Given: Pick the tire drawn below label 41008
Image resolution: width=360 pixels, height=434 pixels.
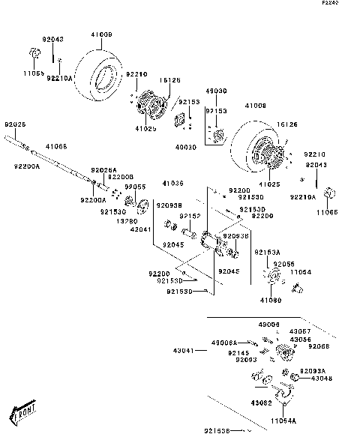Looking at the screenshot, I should point(255,150).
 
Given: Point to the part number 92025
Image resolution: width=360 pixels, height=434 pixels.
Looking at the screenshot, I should point(16,124).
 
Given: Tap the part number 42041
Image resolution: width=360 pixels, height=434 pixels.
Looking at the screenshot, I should point(140,231).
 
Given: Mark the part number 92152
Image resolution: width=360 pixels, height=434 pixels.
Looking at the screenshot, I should point(189,217).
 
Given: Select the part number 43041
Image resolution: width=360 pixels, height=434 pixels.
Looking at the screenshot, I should point(184,350).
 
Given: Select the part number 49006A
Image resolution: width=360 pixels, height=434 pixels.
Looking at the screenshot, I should point(224,343).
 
